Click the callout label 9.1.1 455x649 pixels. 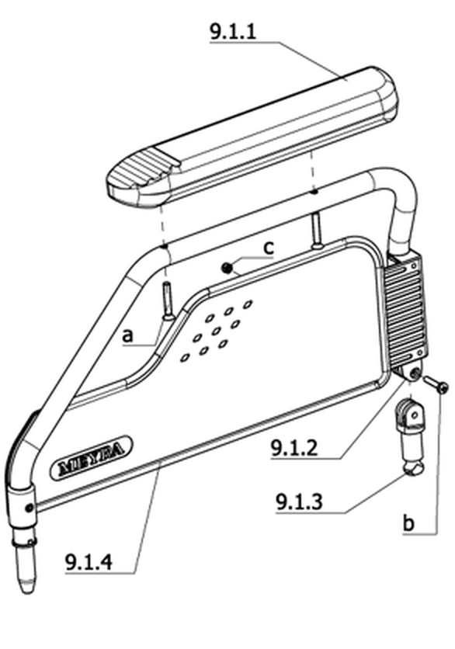(x=233, y=32)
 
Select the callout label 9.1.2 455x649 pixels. (x=294, y=448)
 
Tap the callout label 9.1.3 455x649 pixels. (x=299, y=502)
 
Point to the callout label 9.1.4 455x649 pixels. (x=89, y=562)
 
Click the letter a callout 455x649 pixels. (x=128, y=335)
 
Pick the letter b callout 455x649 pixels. (x=408, y=522)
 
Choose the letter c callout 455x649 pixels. (x=269, y=248)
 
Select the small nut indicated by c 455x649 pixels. (x=227, y=268)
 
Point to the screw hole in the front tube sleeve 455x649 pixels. (x=29, y=508)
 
